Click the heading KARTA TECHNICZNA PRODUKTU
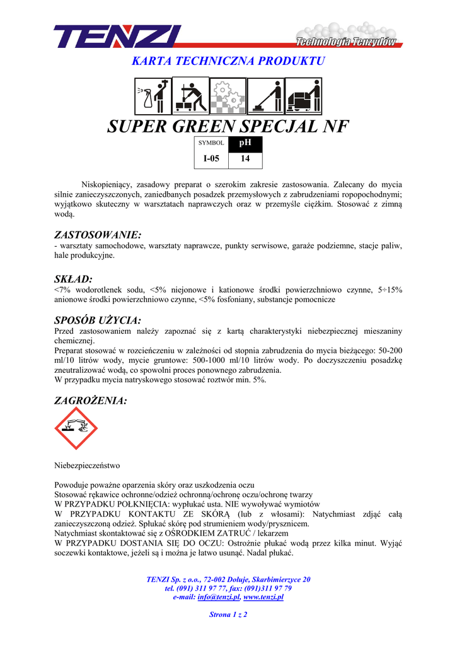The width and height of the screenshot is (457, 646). (x=228, y=61)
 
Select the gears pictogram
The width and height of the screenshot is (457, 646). (x=227, y=94)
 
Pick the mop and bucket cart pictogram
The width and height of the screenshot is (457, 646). (x=190, y=94)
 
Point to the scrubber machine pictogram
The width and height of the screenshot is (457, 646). (x=303, y=94)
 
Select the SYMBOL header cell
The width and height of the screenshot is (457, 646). (x=211, y=143)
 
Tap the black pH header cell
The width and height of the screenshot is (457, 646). (x=245, y=143)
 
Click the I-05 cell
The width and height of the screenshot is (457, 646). (x=211, y=159)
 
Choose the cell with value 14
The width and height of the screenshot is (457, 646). (x=245, y=159)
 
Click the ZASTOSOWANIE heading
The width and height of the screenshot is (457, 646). (x=98, y=235)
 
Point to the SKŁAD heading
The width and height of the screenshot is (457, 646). (x=74, y=278)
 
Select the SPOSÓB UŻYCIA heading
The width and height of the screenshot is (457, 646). (x=98, y=320)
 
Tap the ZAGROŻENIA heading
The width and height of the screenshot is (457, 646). (x=91, y=400)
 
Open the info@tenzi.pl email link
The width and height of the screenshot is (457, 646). (x=219, y=597)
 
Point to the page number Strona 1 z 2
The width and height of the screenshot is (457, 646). (x=228, y=614)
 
